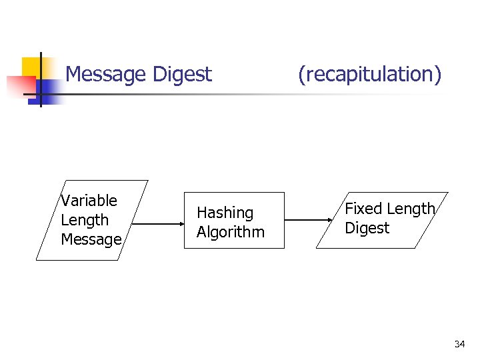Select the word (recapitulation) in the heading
pyautogui.click(x=369, y=74)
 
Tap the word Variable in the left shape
pyautogui.click(x=89, y=201)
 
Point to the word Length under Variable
pyautogui.click(x=84, y=220)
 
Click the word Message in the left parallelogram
pyautogui.click(x=91, y=239)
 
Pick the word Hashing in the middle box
pyautogui.click(x=225, y=213)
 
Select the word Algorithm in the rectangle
pyautogui.click(x=231, y=232)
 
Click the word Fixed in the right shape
pyautogui.click(x=363, y=209)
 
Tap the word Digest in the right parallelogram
pyautogui.click(x=367, y=228)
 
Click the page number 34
pyautogui.click(x=459, y=344)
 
